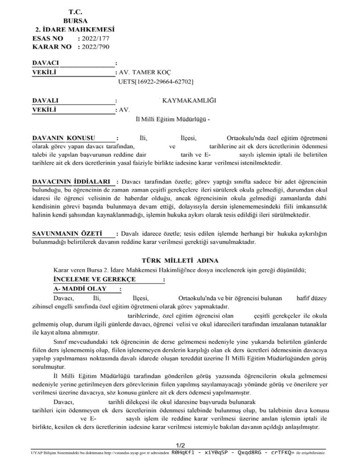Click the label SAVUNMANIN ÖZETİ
(66, 233)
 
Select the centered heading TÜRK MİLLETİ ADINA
(180, 260)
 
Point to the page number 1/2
(180, 445)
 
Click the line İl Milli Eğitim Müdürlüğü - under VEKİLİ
(169, 119)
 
